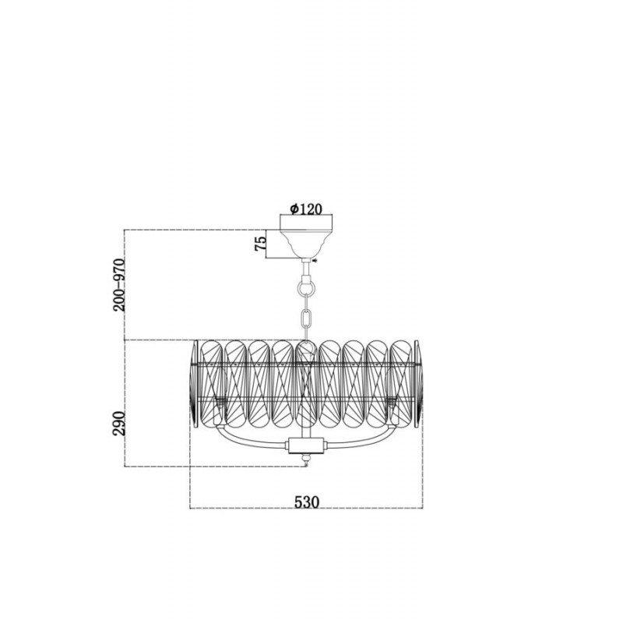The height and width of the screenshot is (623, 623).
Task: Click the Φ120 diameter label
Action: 306,209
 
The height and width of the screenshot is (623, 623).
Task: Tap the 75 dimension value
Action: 260,243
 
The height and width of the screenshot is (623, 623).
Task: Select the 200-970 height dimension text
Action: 119,284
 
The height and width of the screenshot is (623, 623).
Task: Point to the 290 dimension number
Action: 119,423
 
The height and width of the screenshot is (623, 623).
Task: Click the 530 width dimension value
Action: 307,502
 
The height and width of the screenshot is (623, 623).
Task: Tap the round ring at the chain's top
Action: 306,286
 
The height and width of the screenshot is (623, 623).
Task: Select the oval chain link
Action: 306,318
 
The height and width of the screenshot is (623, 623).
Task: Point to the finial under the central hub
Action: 306,460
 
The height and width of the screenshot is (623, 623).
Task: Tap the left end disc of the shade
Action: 193,384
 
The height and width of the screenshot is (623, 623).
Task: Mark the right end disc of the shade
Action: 418,384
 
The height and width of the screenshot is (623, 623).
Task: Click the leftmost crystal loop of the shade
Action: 211,384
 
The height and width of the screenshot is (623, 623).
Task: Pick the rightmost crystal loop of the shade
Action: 401,384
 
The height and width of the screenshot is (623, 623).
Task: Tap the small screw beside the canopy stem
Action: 315,261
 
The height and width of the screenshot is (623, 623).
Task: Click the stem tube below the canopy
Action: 306,269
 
